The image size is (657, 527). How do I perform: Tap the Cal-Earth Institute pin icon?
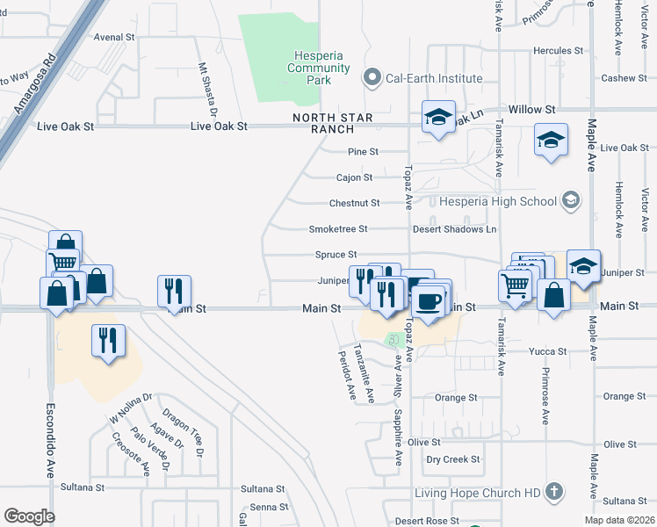373,78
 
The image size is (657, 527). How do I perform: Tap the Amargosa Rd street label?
34,86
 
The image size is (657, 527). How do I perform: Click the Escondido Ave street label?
50,439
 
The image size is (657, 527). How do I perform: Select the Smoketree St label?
337,229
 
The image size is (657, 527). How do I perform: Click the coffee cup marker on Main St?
428,302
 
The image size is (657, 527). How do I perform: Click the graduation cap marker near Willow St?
437,117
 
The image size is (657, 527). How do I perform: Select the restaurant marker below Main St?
107,340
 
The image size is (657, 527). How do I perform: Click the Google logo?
29,516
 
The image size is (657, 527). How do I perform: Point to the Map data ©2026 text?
619,520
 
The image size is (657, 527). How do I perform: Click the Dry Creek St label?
453,459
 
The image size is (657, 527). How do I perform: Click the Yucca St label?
548,351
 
